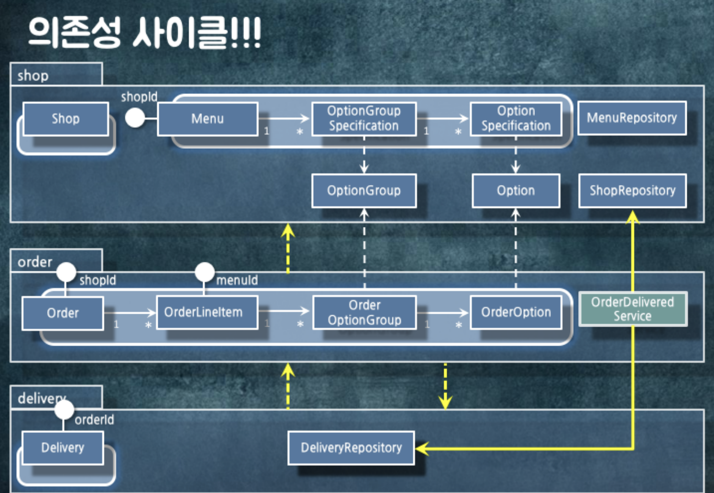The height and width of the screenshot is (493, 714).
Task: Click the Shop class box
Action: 66,119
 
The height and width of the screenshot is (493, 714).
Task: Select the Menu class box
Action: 207,119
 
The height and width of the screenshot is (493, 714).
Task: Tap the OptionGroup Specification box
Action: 364,119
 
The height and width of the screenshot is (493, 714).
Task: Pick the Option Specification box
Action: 516,119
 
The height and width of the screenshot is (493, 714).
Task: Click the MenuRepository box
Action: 632,118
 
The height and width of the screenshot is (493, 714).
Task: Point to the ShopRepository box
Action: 632,191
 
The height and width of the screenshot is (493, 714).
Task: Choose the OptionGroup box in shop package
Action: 364,191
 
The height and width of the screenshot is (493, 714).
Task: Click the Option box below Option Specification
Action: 516,191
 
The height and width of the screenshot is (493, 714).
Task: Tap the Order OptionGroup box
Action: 364,312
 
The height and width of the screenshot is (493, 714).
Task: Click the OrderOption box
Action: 516,312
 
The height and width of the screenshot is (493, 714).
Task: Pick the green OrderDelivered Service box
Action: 632,309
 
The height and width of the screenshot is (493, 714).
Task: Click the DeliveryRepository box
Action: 351,448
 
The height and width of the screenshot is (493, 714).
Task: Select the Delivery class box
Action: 62,448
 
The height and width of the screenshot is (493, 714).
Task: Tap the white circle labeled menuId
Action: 204,272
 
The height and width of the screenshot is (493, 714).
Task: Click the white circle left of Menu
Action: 135,118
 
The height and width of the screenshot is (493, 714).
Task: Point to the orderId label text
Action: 94,420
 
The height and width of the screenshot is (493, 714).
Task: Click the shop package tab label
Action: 33,75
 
